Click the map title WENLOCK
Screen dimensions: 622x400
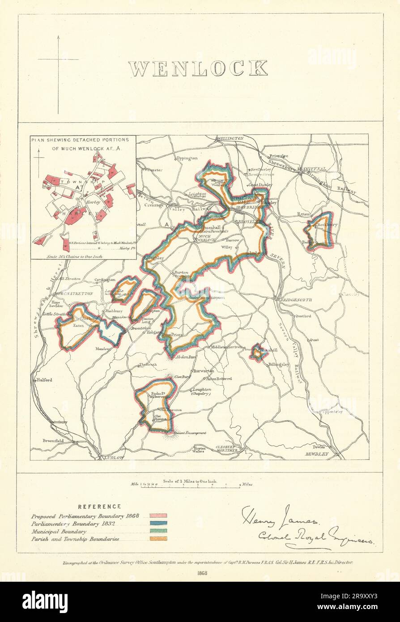click(x=198, y=68)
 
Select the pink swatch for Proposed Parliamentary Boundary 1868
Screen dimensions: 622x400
click(x=158, y=515)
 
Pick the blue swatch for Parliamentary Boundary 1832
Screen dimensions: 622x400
click(x=158, y=524)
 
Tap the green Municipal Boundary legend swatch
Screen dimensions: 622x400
click(x=158, y=531)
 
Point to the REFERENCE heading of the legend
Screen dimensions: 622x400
click(x=99, y=507)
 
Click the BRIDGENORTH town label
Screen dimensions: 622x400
click(x=296, y=299)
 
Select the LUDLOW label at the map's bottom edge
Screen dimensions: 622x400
click(x=115, y=458)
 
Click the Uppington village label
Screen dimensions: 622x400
click(x=187, y=158)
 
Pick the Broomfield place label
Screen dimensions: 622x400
click(x=53, y=441)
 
